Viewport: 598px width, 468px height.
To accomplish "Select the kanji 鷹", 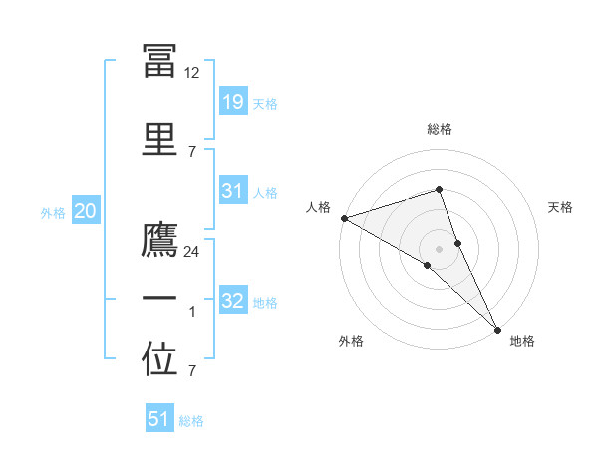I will point(159,241).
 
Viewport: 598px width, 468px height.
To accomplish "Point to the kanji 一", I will point(159,299).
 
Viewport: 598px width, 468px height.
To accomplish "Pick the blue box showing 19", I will point(232,101).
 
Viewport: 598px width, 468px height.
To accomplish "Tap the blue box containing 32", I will point(232,300).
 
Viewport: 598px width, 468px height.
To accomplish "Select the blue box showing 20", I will point(85,210).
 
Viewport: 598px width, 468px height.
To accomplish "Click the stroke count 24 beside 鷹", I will point(192,252).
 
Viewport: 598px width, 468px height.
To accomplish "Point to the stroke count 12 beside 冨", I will point(192,72).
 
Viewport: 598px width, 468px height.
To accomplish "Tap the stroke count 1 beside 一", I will point(192,313).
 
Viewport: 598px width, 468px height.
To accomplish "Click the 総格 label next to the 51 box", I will point(191,421).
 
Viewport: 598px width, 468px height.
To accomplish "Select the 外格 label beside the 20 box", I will point(53,212).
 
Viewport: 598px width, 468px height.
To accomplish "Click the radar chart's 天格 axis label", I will point(560,207).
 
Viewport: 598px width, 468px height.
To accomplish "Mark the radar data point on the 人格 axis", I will point(344,218).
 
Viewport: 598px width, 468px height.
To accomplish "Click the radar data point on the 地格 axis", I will point(497,328).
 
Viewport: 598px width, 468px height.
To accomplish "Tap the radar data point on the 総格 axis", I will point(439,189).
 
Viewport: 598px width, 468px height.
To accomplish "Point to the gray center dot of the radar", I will point(439,248).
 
